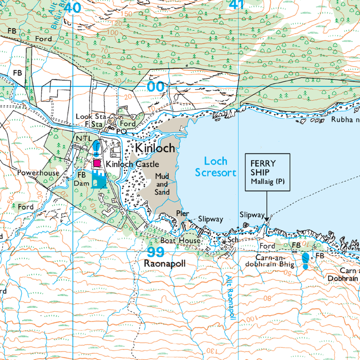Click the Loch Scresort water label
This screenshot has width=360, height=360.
pyautogui.click(x=216, y=166)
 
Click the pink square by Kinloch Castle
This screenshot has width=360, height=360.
pyautogui.click(x=97, y=164)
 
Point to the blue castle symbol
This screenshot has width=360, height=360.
pyautogui.click(x=99, y=180)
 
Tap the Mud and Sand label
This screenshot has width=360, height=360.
pyautogui.click(x=162, y=184)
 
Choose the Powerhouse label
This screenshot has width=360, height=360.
pyautogui.click(x=38, y=172)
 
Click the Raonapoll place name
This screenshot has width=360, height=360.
pyautogui.click(x=164, y=264)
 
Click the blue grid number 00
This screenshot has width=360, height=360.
pyautogui.click(x=156, y=86)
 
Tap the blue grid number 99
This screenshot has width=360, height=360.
pyautogui.click(x=156, y=252)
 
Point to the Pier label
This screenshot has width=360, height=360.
pyautogui.click(x=182, y=214)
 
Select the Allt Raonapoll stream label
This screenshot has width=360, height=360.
pyautogui.click(x=230, y=297)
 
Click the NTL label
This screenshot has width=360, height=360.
pyautogui.click(x=84, y=138)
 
